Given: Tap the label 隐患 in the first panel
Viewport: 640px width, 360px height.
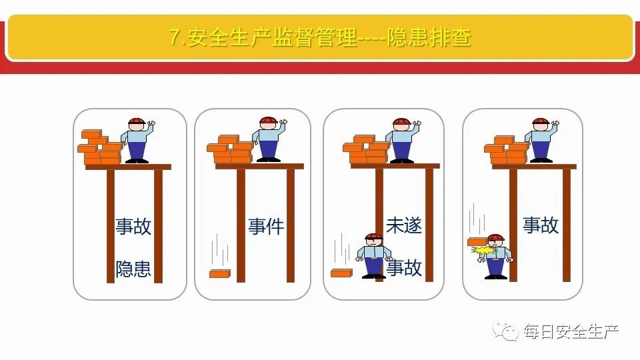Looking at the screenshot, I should [133, 269].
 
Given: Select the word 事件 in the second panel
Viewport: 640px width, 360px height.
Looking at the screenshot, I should [266, 226].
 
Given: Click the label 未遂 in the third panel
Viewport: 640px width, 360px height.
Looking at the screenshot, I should [404, 225].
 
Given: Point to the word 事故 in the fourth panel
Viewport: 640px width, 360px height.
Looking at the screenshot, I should [540, 225].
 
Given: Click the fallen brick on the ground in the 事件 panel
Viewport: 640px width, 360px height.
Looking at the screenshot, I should [220, 273].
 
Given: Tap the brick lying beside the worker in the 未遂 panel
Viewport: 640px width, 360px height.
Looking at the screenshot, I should [341, 273].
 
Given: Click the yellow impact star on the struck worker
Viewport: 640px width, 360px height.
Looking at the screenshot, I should [482, 251].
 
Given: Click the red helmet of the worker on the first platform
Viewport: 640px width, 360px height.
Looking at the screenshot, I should [136, 122].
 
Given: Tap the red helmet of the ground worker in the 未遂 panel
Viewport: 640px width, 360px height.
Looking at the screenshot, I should [374, 237].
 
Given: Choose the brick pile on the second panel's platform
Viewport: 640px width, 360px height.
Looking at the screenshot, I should [230, 150].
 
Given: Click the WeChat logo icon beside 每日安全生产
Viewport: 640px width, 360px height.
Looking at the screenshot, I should [508, 330].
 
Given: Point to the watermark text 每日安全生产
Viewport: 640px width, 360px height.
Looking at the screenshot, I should [571, 330].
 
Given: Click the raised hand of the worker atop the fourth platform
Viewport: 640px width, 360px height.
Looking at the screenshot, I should [556, 123].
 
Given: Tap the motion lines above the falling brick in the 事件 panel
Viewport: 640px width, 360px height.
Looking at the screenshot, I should [220, 252].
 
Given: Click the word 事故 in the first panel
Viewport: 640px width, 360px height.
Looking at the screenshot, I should [133, 226].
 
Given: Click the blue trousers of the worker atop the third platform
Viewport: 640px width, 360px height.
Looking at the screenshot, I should [402, 150].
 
